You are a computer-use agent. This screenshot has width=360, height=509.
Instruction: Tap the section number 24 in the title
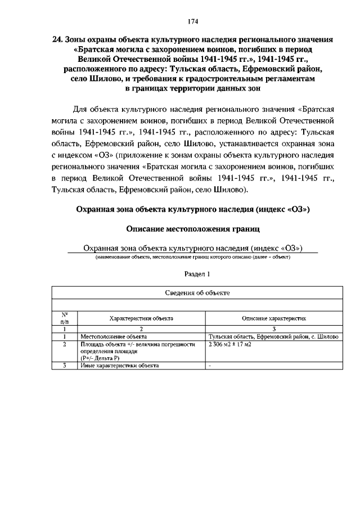(x=56, y=40)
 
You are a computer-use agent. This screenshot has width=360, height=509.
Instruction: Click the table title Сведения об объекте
(x=197, y=293)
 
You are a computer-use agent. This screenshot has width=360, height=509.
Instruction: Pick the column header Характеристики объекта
(x=141, y=318)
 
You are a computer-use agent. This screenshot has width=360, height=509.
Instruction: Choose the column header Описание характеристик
(x=274, y=318)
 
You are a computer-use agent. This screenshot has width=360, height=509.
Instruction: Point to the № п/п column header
(x=65, y=318)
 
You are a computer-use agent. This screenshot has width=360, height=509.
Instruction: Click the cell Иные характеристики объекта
(x=119, y=365)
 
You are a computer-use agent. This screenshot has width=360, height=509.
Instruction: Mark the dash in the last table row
(x=210, y=365)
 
